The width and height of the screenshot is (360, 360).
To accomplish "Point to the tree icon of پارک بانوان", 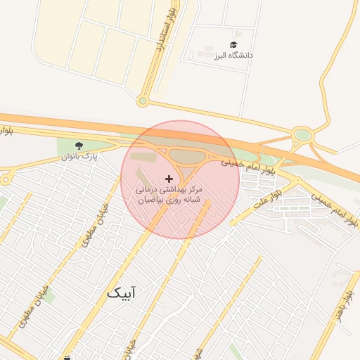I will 79,145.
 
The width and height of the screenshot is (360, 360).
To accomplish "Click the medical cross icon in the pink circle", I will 168,179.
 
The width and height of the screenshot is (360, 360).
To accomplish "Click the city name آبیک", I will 122,292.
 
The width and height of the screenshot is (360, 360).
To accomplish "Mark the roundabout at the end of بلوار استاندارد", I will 142,101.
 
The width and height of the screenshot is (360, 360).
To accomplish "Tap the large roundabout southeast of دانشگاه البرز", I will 302,135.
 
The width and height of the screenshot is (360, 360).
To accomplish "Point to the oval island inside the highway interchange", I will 186,156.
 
